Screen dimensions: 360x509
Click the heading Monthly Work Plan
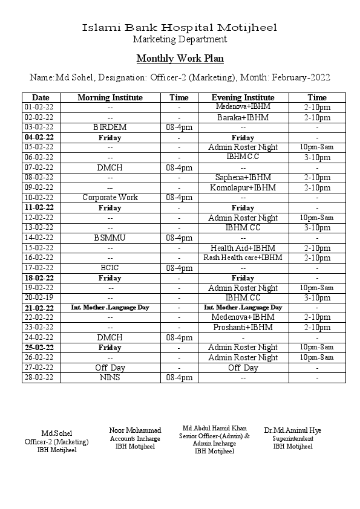pyautogui.click(x=180, y=59)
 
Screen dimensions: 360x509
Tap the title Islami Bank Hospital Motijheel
pyautogui.click(x=180, y=28)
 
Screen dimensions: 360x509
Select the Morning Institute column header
pyautogui.click(x=110, y=97)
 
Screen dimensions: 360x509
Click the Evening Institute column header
pyautogui.click(x=243, y=97)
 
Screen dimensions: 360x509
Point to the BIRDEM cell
pyautogui.click(x=110, y=128)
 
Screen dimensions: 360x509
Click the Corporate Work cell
pyautogui.click(x=110, y=198)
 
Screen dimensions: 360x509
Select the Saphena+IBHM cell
pyautogui.click(x=243, y=178)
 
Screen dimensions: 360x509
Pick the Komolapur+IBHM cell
pyautogui.click(x=243, y=187)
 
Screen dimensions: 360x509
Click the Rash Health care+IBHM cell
pyautogui.click(x=243, y=258)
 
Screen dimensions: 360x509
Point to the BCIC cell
pyautogui.click(x=110, y=268)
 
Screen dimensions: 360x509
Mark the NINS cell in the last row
pyautogui.click(x=110, y=377)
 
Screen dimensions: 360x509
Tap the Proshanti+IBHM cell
pyautogui.click(x=243, y=327)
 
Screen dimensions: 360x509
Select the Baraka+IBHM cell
pyautogui.click(x=243, y=117)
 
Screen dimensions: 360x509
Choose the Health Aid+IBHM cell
pyautogui.click(x=243, y=248)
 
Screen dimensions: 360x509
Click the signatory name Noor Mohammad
pyautogui.click(x=135, y=430)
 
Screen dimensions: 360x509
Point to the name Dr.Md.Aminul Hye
pyautogui.click(x=293, y=430)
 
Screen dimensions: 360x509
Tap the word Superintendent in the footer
pyautogui.click(x=293, y=438)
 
